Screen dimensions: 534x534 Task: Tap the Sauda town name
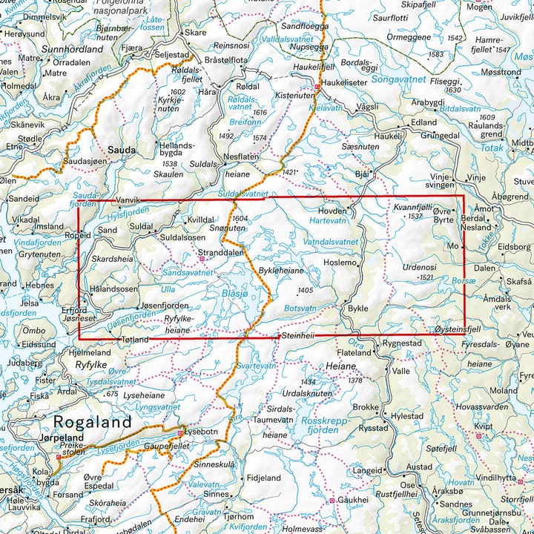122,150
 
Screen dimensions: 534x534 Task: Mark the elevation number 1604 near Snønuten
239,219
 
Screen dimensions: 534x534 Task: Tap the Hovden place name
333,211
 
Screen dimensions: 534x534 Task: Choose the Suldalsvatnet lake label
244,194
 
